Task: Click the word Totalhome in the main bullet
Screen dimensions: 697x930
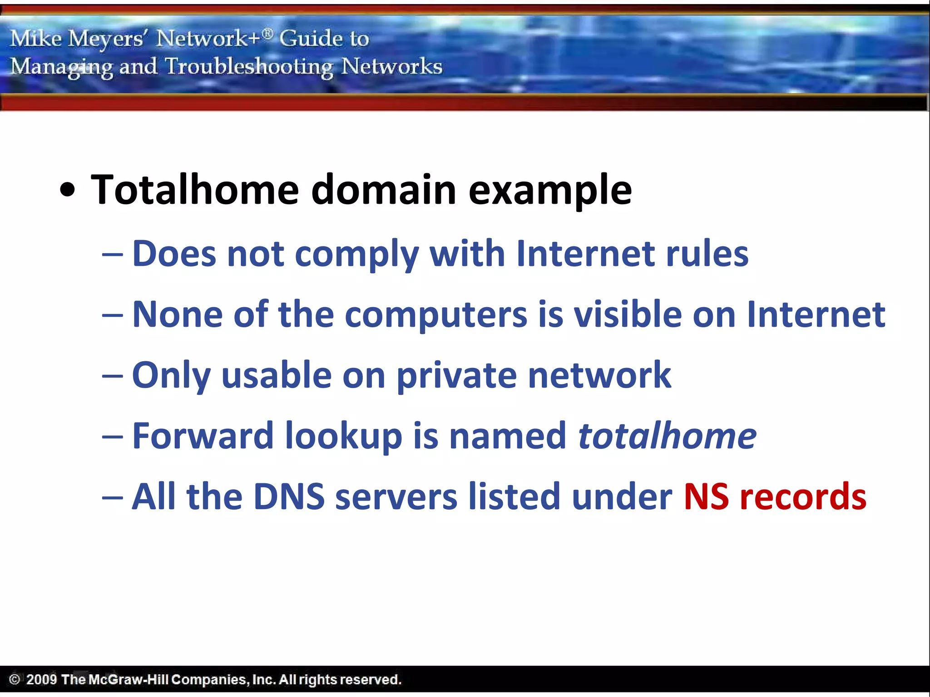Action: click(x=195, y=190)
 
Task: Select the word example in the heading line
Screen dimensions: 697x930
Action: click(x=550, y=191)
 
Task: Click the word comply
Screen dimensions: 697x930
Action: click(x=356, y=254)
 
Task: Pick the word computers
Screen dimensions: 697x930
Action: click(x=436, y=315)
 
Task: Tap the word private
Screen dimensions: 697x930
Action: click(x=456, y=376)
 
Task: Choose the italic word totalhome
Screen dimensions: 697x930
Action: click(x=667, y=436)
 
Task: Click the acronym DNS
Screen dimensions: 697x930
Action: click(x=289, y=497)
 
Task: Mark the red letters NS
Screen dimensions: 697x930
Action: click(x=706, y=497)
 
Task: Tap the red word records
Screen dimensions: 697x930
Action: click(x=803, y=497)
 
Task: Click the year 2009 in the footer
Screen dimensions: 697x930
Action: click(x=41, y=679)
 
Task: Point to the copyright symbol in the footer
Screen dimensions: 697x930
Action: click(x=15, y=679)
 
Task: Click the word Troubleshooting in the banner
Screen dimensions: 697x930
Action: click(x=249, y=67)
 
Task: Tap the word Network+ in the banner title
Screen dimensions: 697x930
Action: click(x=208, y=38)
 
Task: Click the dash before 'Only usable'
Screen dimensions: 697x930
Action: click(x=112, y=376)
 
